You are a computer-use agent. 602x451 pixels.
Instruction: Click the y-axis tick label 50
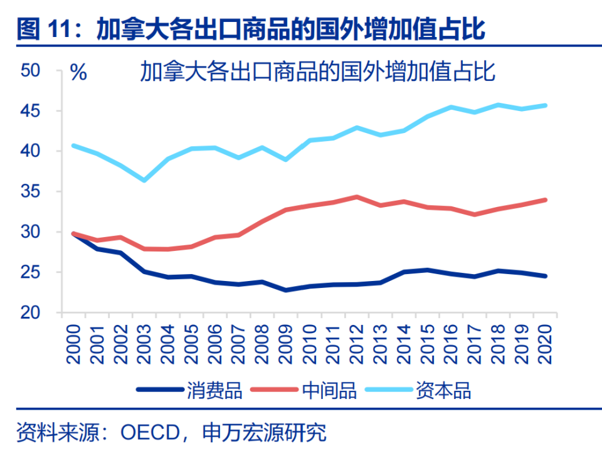(x=31, y=71)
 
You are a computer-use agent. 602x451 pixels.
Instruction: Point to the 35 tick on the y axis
(x=31, y=191)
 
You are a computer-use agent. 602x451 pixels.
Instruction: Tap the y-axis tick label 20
(x=31, y=312)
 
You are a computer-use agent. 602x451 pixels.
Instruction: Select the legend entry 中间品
(x=329, y=390)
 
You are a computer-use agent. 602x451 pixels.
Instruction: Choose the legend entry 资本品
(x=443, y=390)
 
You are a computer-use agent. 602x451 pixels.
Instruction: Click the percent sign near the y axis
(x=78, y=72)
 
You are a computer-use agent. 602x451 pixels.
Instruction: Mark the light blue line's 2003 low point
(x=144, y=180)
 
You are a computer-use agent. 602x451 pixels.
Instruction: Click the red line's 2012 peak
(x=357, y=196)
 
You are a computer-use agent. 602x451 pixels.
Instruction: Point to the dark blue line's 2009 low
(x=286, y=290)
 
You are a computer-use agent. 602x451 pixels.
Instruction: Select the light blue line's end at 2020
(x=546, y=105)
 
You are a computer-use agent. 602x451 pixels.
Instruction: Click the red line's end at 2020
(x=546, y=200)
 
